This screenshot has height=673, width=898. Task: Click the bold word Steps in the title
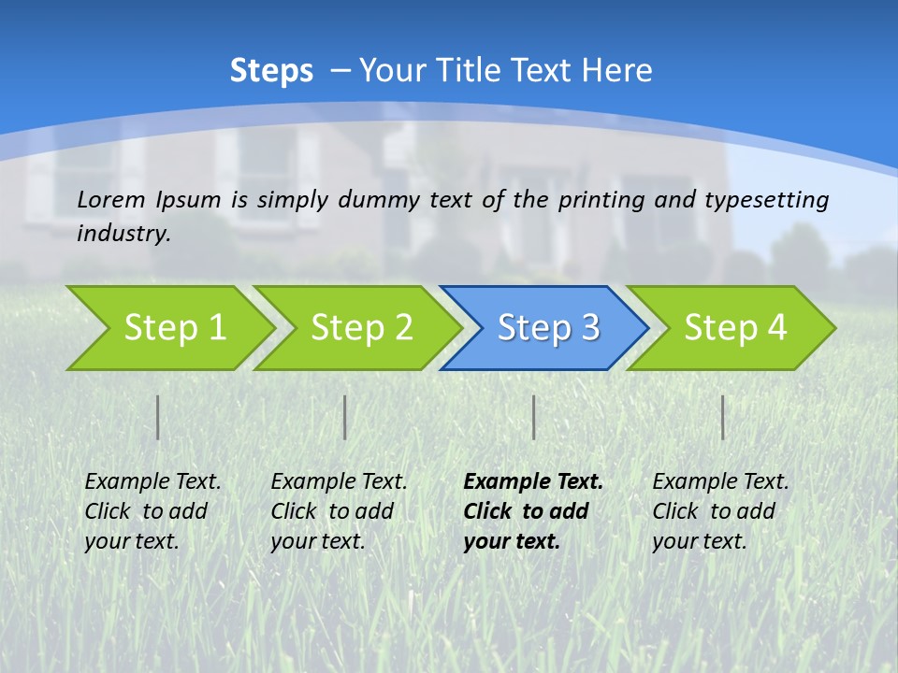pyautogui.click(x=271, y=71)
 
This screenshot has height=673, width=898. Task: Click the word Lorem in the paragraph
pyautogui.click(x=111, y=200)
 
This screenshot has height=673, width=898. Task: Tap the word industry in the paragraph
pyautogui.click(x=123, y=234)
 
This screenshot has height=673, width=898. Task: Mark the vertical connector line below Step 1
pyautogui.click(x=158, y=417)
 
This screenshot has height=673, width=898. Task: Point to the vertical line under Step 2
pyautogui.click(x=345, y=417)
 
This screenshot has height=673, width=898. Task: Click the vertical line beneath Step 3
pyautogui.click(x=533, y=417)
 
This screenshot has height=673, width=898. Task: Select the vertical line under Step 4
pyautogui.click(x=722, y=417)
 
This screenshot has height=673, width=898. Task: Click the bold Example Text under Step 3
pyautogui.click(x=533, y=482)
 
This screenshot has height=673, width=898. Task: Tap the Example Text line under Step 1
pyautogui.click(x=152, y=482)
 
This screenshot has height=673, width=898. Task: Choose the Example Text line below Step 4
pyautogui.click(x=720, y=482)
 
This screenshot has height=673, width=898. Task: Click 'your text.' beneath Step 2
pyautogui.click(x=317, y=541)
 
